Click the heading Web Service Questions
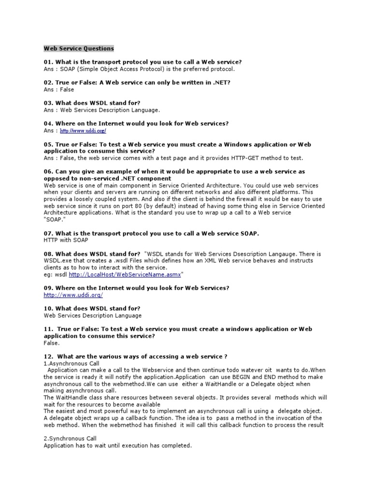(79, 48)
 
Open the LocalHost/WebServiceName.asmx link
(125, 275)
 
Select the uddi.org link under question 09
(73, 295)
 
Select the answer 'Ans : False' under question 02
(59, 89)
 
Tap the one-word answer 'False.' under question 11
(52, 343)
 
